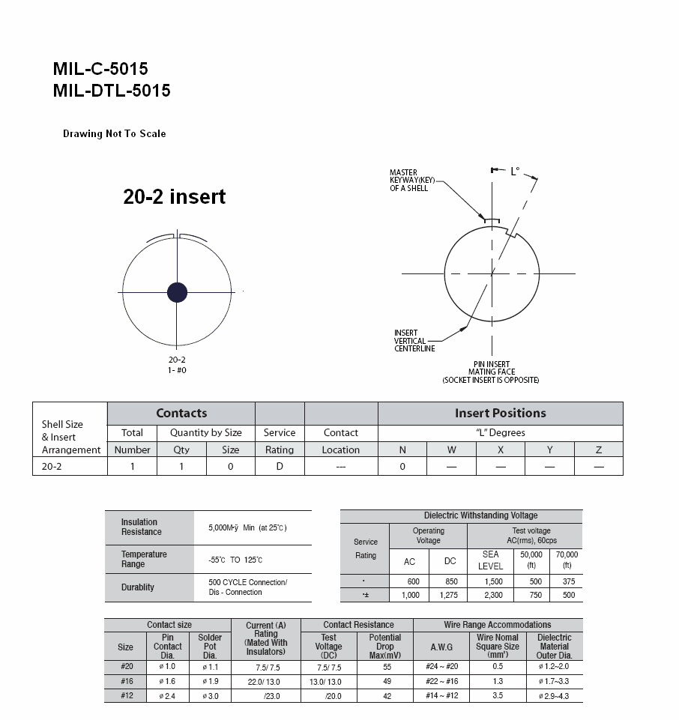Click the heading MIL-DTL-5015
(x=112, y=91)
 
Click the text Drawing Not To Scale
(x=115, y=133)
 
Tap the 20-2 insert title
(x=174, y=196)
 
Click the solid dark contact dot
(x=178, y=292)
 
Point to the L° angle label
(x=515, y=172)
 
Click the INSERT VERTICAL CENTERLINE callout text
(x=414, y=341)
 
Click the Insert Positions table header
(x=501, y=414)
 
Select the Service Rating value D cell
(x=280, y=467)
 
